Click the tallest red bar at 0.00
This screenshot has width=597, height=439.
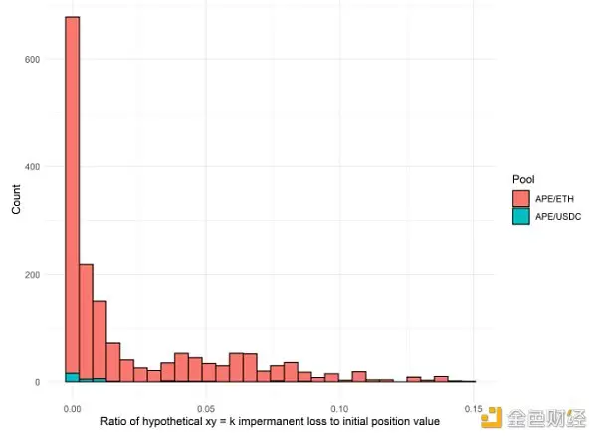pos(72,199)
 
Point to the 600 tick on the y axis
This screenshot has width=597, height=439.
pos(33,59)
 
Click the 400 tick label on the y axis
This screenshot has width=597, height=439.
pos(33,166)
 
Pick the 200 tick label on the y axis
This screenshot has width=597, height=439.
pos(33,274)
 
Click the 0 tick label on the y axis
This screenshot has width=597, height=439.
pos(38,382)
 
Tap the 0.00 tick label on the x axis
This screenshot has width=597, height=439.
pos(72,408)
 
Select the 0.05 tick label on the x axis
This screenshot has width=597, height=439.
pos(206,408)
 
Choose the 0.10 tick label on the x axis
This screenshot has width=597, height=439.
pos(339,408)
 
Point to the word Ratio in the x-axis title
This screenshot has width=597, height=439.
pos(114,422)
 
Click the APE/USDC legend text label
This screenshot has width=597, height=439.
pos(558,216)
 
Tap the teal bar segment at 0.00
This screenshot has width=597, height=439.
pos(72,377)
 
